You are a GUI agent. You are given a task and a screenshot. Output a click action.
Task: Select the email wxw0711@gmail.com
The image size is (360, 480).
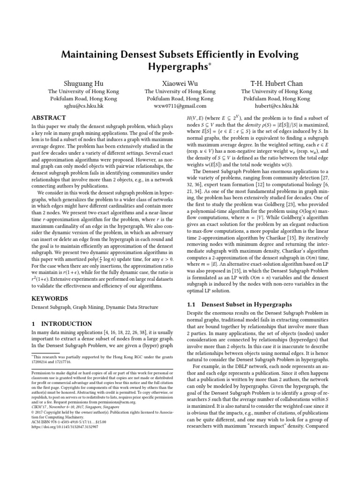180,106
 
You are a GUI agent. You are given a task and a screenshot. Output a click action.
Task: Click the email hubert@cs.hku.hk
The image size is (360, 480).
277,106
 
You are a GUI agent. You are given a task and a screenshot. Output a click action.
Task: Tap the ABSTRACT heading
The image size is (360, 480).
49,118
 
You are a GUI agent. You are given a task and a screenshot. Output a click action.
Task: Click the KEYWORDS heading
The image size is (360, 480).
49,298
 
